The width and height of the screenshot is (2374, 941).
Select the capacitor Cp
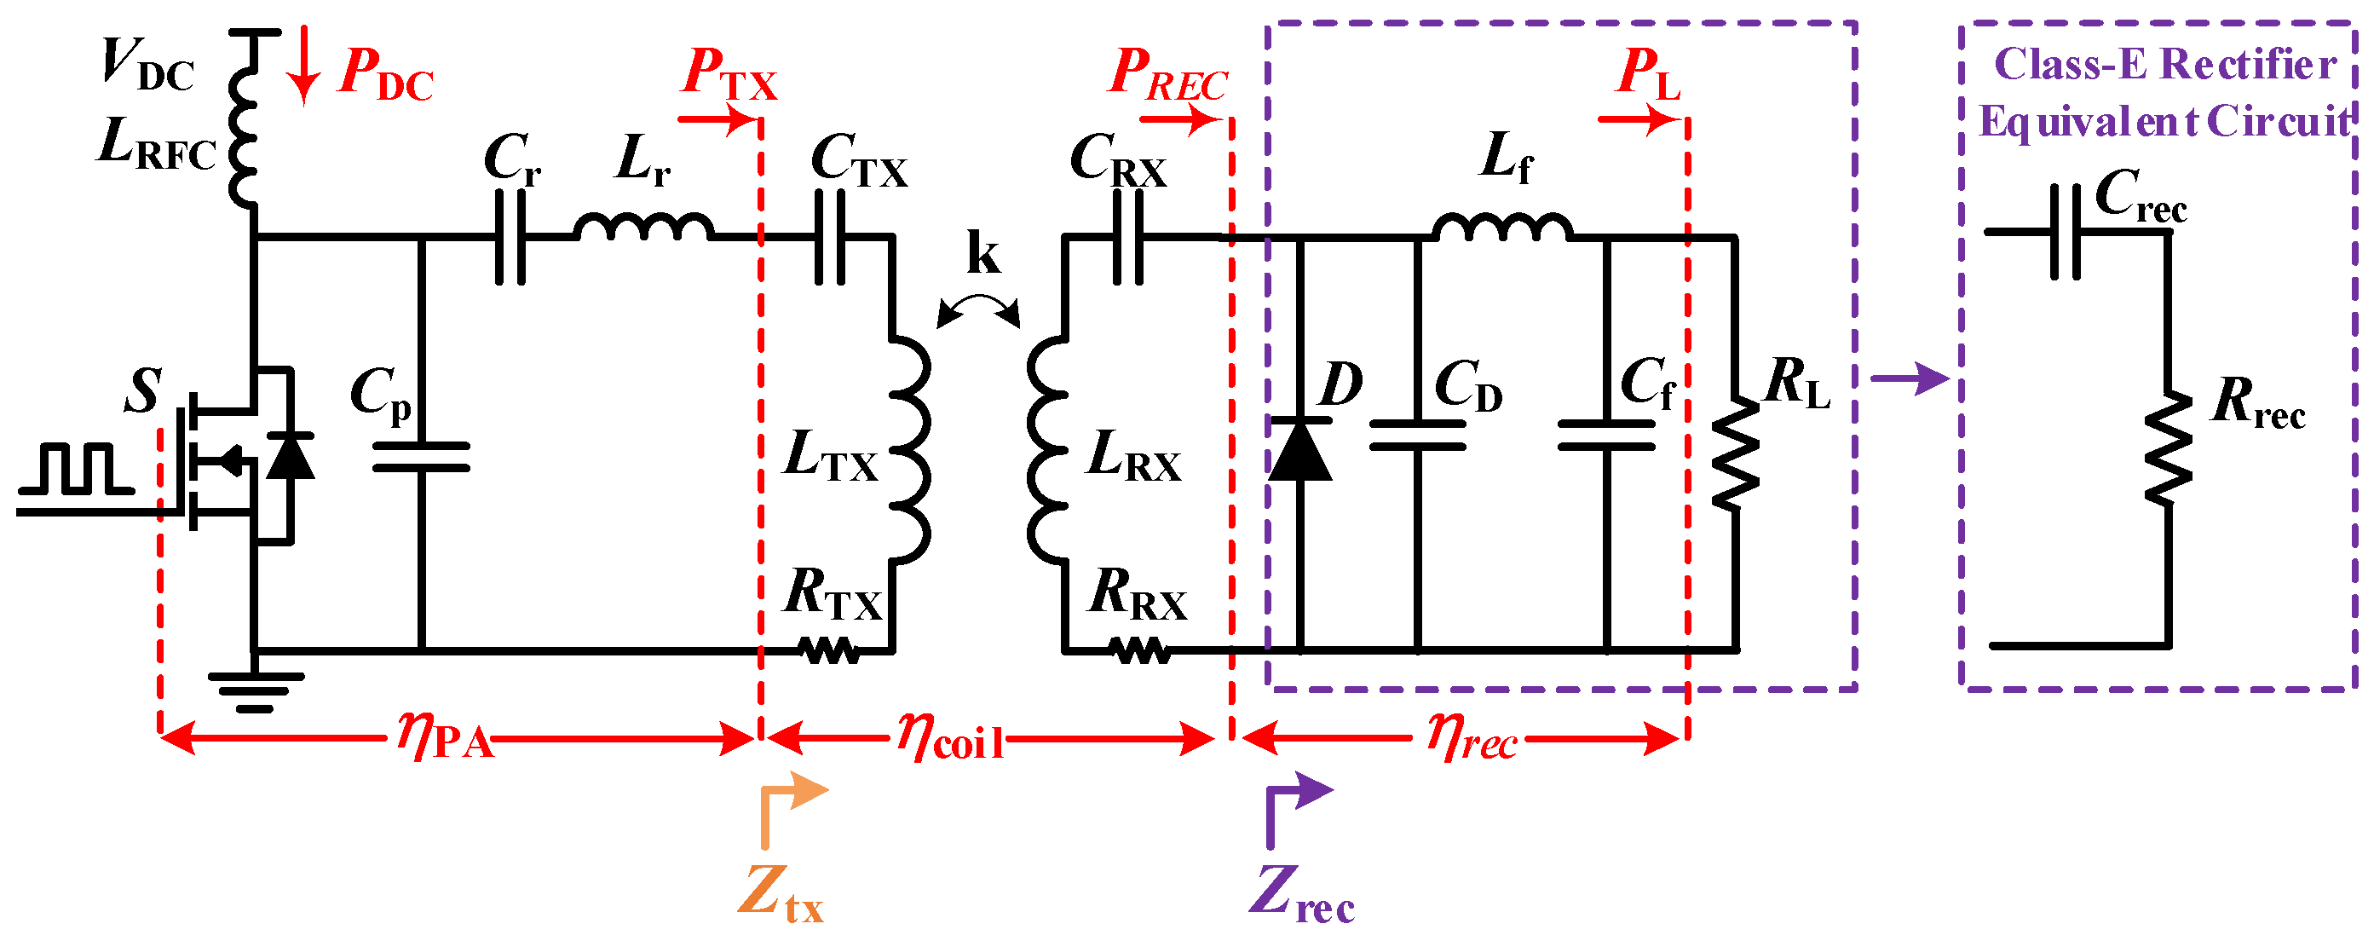tap(421, 457)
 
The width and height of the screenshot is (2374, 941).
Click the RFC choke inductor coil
tap(244, 120)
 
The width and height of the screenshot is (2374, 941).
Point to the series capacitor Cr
tap(510, 238)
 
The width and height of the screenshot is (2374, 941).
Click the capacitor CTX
tap(829, 238)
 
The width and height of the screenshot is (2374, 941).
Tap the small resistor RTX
tap(829, 651)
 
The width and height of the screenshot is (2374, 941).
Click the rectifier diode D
tap(1299, 449)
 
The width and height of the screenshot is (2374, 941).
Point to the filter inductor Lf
tap(1502, 227)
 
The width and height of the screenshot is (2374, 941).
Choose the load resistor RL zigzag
tap(1736, 452)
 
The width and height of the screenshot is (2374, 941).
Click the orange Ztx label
tap(780, 892)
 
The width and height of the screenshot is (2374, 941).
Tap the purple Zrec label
tap(1300, 892)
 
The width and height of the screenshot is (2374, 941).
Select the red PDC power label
tap(385, 74)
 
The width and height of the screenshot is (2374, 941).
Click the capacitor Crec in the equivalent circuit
tap(2065, 231)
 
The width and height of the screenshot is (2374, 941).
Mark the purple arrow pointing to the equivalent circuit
tap(1910, 378)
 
